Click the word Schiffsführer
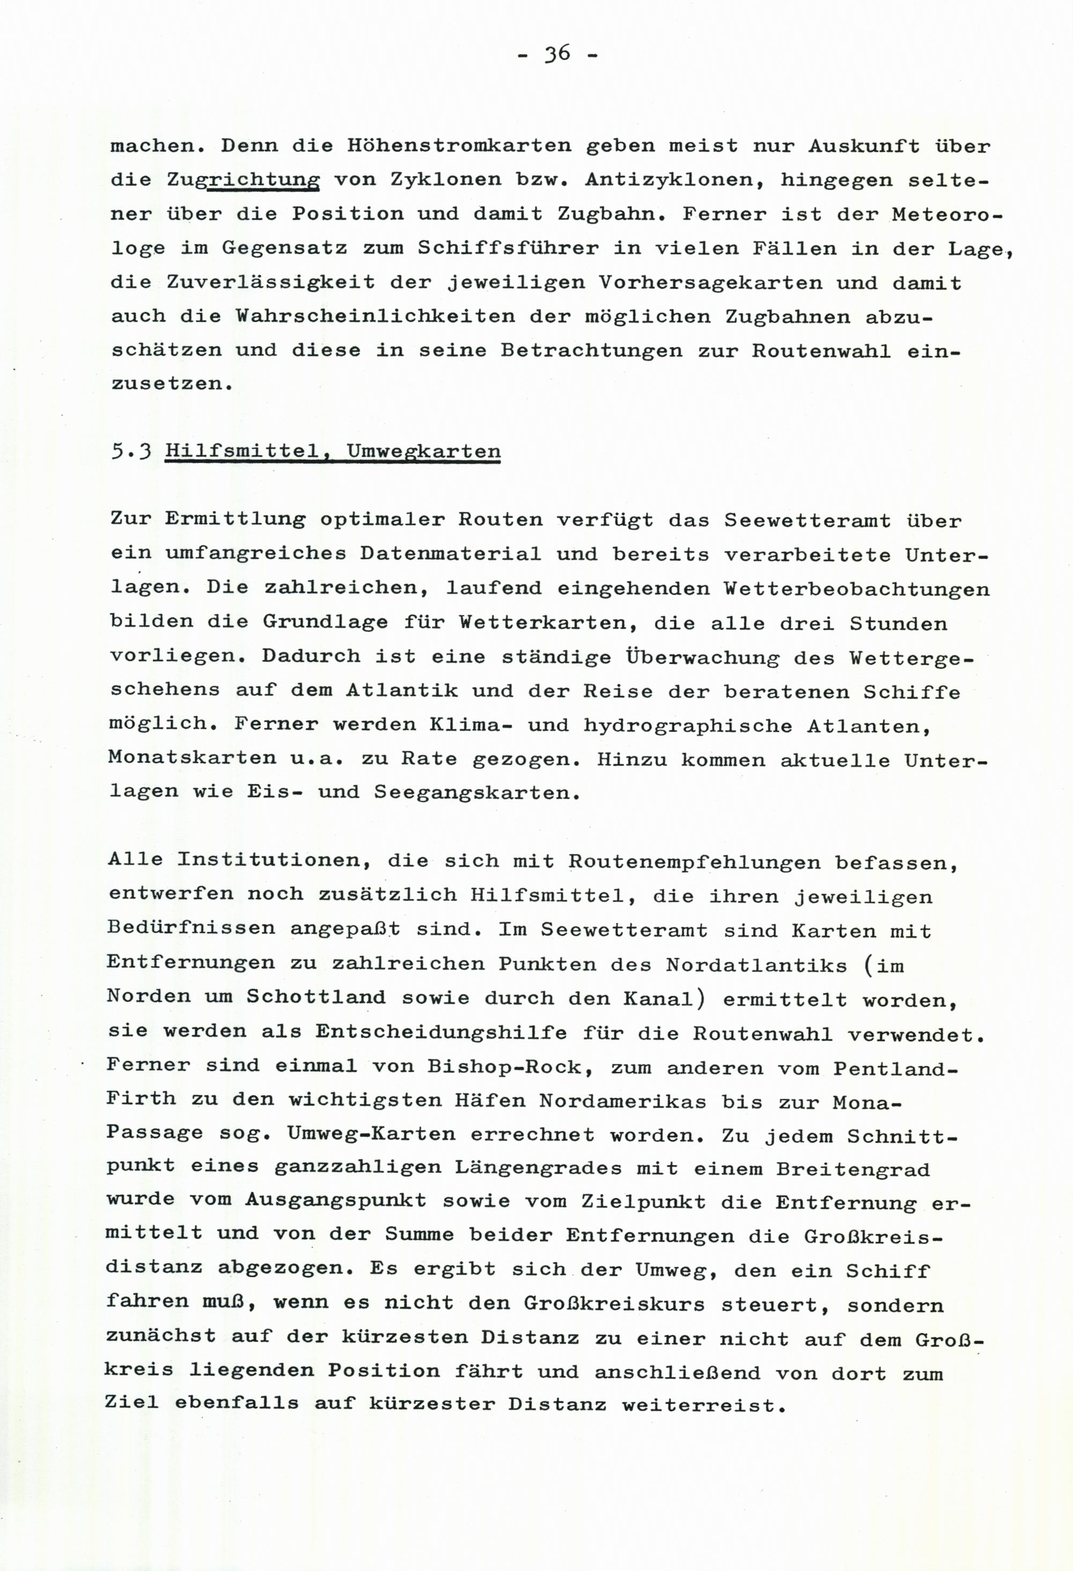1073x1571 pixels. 508,248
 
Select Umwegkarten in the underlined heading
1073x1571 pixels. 423,451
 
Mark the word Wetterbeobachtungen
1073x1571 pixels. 856,589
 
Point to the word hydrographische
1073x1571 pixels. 688,725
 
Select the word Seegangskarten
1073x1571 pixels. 471,793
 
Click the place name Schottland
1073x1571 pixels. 316,998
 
